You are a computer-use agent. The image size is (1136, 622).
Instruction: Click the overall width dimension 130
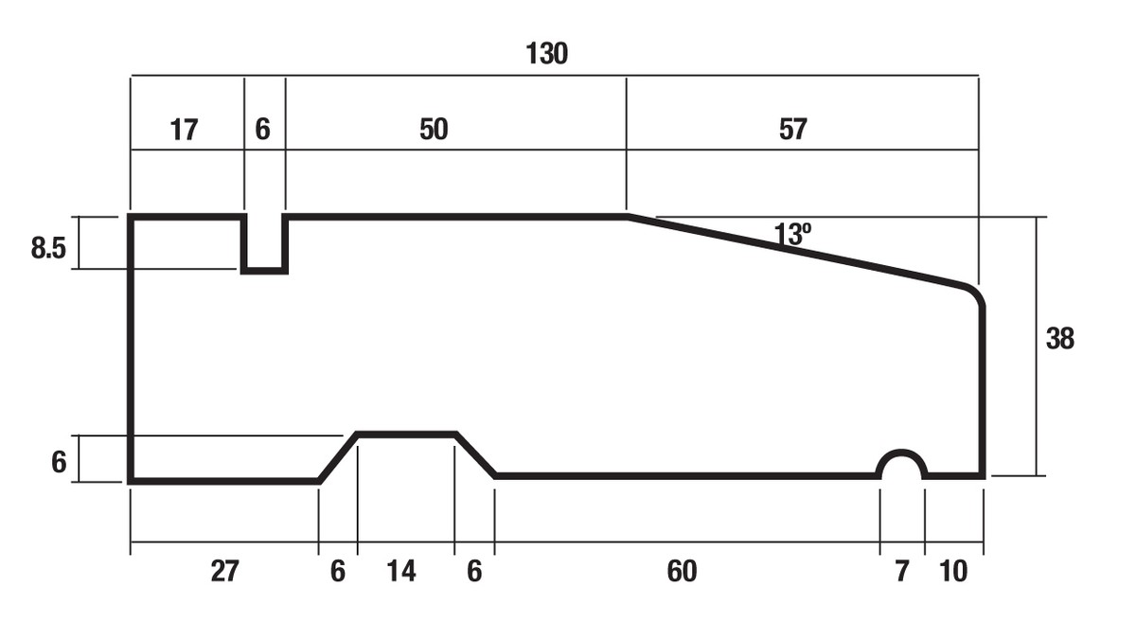(x=546, y=54)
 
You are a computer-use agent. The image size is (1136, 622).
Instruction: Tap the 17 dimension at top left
(x=184, y=130)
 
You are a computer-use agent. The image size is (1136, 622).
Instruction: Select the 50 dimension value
(x=433, y=130)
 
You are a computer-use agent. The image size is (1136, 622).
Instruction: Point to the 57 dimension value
(x=792, y=130)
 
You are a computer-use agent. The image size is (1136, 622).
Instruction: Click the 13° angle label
(x=792, y=234)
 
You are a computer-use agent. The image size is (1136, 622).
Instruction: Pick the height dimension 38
(x=1059, y=338)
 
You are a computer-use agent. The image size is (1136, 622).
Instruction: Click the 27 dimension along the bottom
(x=225, y=571)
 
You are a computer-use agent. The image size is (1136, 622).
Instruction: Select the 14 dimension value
(x=401, y=571)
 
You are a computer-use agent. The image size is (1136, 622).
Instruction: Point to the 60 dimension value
(x=681, y=571)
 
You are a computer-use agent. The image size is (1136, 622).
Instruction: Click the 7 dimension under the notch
(x=901, y=571)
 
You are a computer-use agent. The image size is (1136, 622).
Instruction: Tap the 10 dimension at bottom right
(x=955, y=571)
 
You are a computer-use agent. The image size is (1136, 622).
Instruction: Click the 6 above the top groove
(x=262, y=130)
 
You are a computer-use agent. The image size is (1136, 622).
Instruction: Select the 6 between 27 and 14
(x=338, y=571)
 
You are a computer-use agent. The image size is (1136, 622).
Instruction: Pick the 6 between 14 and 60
(x=474, y=571)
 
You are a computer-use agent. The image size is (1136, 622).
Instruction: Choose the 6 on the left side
(x=58, y=462)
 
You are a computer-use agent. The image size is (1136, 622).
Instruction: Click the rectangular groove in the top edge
(x=264, y=246)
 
